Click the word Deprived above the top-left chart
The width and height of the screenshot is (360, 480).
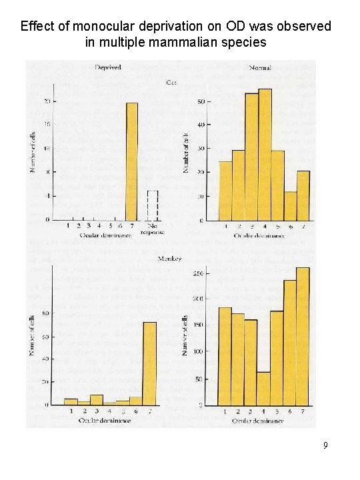point(107,67)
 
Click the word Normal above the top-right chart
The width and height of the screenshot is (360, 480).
point(260,67)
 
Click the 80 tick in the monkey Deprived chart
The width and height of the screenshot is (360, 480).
point(45,313)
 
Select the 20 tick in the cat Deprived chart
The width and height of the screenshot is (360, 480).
point(46,101)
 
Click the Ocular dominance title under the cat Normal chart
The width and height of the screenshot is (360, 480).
point(259,235)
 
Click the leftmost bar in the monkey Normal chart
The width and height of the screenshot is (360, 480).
point(225,357)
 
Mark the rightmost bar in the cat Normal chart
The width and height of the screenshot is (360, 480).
point(303,196)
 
